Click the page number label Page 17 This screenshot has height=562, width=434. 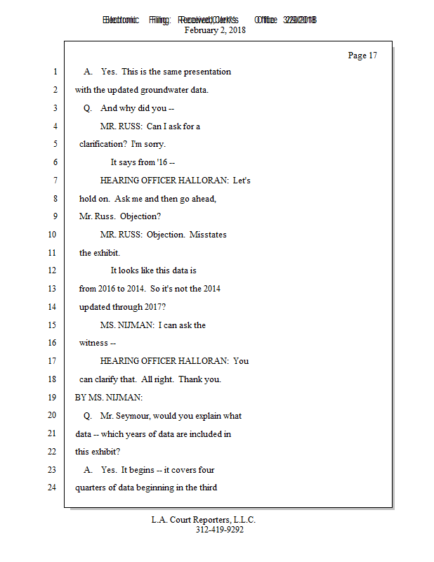click(x=362, y=55)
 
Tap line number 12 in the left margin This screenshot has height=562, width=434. click(x=54, y=270)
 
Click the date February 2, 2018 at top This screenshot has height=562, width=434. click(x=215, y=30)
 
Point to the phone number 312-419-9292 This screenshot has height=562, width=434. click(x=220, y=530)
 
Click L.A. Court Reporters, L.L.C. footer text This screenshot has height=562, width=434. click(x=204, y=520)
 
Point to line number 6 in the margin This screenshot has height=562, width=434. click(x=54, y=162)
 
